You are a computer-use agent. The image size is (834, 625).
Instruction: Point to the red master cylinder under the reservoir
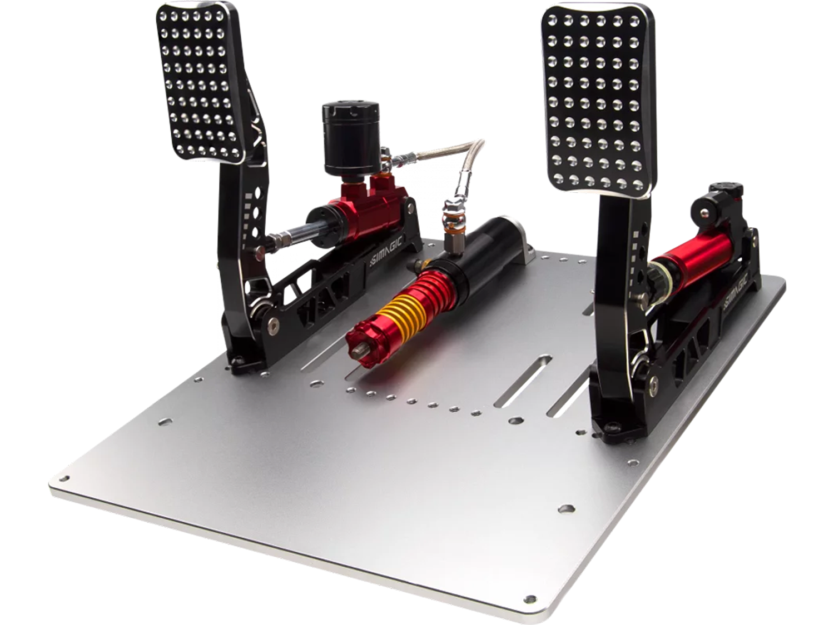point(365,213)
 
